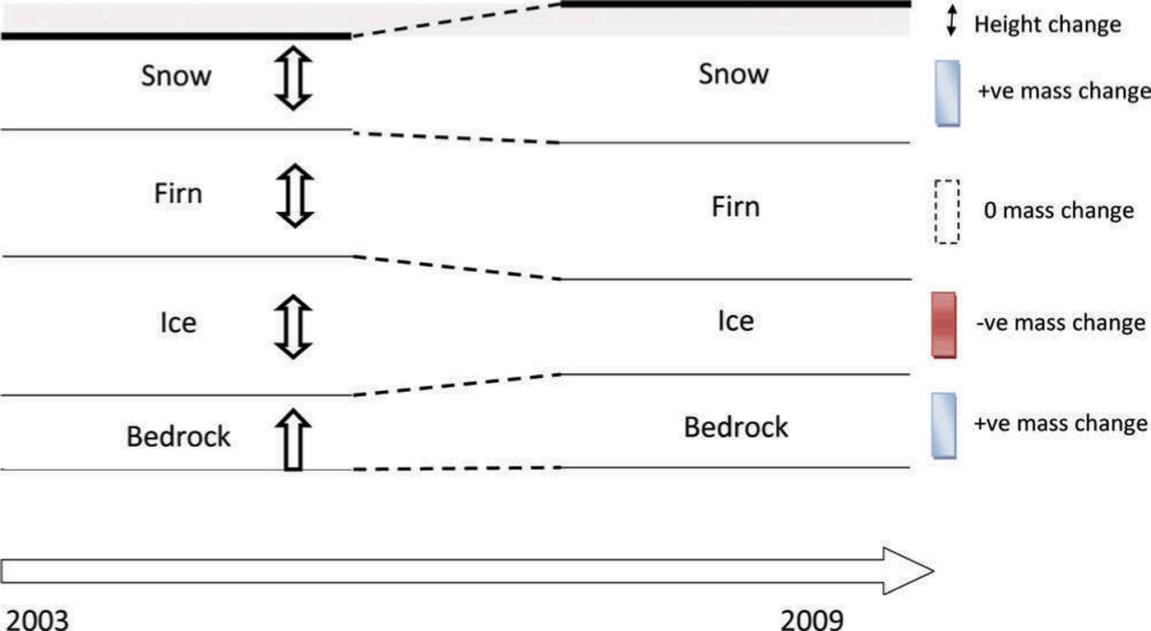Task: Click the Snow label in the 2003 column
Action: click(176, 76)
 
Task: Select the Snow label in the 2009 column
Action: click(733, 74)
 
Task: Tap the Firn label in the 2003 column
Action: click(178, 195)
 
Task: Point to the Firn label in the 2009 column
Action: click(735, 206)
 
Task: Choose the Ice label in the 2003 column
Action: click(178, 322)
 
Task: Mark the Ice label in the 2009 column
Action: click(735, 320)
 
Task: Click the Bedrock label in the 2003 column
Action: click(178, 436)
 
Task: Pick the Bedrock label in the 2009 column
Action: click(736, 427)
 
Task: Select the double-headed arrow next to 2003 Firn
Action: click(294, 196)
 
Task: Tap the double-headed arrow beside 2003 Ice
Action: click(294, 326)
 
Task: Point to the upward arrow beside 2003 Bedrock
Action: click(294, 440)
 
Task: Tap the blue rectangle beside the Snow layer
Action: click(947, 92)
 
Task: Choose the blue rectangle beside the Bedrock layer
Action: click(945, 424)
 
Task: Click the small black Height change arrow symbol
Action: click(951, 23)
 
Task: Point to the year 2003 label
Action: click(35, 618)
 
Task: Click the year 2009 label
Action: click(812, 618)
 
